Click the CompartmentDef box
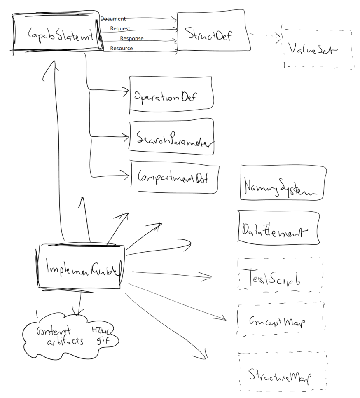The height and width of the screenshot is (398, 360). pos(174,177)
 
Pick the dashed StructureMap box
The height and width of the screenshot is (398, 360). pos(282,372)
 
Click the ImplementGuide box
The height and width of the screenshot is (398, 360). pos(81,266)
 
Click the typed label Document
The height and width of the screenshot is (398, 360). pos(113,19)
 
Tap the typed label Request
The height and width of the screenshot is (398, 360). pos(120,29)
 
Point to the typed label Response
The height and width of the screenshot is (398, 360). pos(132,39)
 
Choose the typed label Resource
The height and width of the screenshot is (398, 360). pos(121,49)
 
